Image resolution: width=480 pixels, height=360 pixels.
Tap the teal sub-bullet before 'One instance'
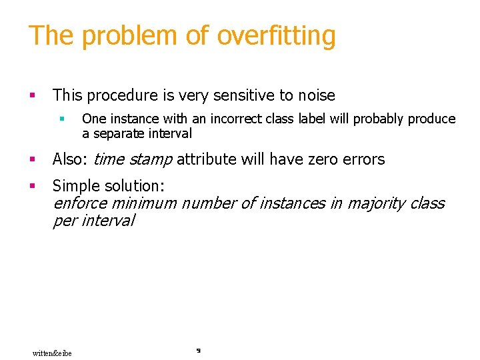pyautogui.click(x=61, y=119)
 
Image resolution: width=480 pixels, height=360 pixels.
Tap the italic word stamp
pyautogui.click(x=151, y=159)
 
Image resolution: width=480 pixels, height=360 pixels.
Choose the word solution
pyautogui.click(x=135, y=185)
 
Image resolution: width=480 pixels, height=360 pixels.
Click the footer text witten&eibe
pyautogui.click(x=52, y=353)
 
